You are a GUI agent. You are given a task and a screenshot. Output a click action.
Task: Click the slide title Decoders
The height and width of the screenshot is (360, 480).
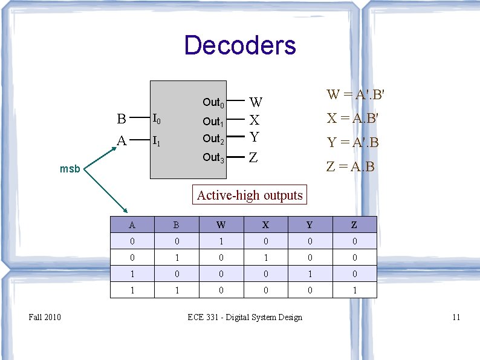(240, 45)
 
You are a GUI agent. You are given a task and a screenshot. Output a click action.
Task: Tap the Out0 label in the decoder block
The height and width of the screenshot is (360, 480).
(213, 102)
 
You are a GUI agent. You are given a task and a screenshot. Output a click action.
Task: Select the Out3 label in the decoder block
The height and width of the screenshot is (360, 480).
(213, 158)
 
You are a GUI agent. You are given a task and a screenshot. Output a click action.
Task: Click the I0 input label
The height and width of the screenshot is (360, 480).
(156, 118)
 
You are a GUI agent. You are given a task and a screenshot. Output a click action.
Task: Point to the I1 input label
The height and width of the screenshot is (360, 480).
(156, 141)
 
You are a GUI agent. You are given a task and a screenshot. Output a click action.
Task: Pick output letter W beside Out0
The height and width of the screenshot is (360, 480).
(256, 102)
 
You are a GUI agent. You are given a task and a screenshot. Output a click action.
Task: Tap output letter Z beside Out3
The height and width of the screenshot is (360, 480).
(254, 158)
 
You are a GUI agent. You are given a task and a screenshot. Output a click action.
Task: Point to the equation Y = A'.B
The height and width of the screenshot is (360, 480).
(353, 143)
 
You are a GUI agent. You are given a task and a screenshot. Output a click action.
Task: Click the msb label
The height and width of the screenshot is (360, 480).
(70, 169)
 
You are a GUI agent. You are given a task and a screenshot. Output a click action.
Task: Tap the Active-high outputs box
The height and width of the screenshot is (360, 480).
(250, 195)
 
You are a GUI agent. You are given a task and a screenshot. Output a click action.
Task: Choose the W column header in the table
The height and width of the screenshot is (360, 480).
(221, 225)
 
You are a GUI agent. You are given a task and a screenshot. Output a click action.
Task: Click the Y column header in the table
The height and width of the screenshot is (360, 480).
(310, 225)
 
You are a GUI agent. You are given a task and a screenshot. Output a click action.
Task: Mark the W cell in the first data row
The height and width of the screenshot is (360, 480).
(221, 241)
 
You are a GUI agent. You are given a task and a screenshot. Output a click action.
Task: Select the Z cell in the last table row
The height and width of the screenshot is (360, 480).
(354, 290)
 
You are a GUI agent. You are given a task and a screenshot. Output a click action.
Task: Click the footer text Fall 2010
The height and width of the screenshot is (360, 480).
(45, 317)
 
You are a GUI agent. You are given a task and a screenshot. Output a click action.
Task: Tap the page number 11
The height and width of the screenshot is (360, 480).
(456, 317)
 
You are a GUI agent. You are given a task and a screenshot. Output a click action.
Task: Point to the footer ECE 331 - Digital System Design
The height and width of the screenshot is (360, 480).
(245, 317)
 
